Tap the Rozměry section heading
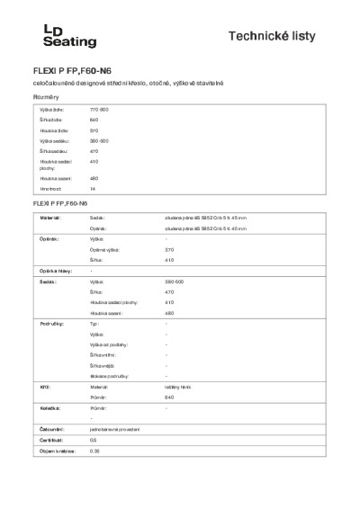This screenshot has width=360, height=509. pyautogui.click(x=45, y=95)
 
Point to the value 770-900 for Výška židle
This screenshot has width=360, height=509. pyautogui.click(x=99, y=108)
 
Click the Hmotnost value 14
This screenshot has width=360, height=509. pyautogui.click(x=93, y=190)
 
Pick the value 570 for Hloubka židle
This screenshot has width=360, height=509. pyautogui.click(x=94, y=130)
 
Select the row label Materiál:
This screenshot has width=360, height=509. pyautogui.click(x=50, y=218)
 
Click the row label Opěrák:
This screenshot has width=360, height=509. pyautogui.click(x=49, y=240)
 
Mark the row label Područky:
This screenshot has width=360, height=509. pyautogui.click(x=50, y=322)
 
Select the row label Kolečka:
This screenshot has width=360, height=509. pyautogui.click(x=49, y=408)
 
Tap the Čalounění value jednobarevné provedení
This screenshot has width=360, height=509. pyautogui.click(x=115, y=429)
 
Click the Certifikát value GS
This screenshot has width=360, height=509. pyautogui.click(x=93, y=440)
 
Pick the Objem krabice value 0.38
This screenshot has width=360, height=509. pyautogui.click(x=94, y=451)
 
